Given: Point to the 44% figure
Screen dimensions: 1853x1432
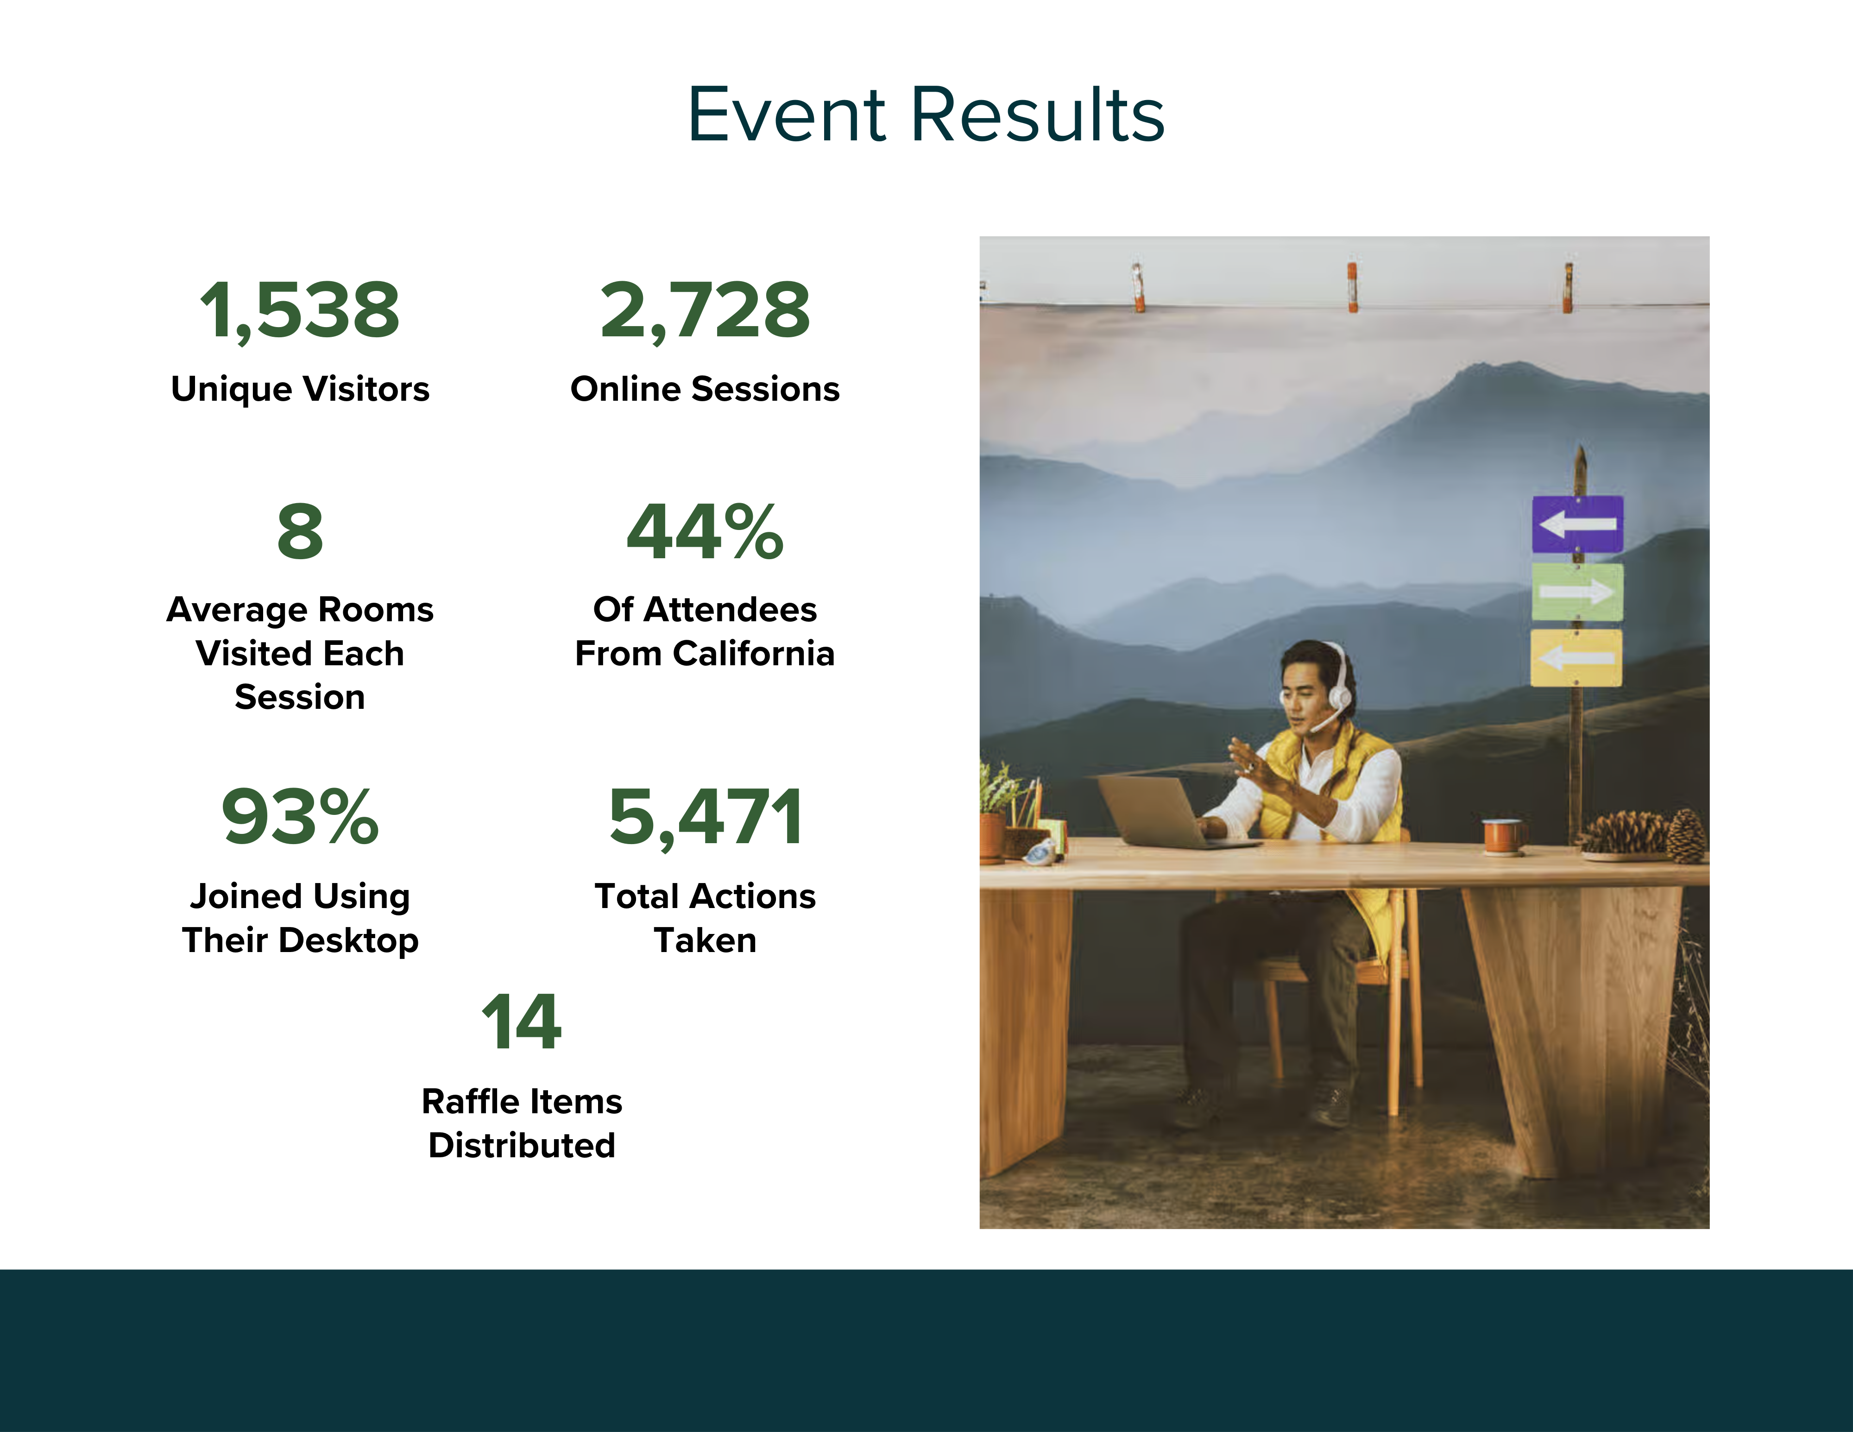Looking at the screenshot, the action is (705, 532).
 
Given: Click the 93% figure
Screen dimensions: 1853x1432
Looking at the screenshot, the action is (300, 816).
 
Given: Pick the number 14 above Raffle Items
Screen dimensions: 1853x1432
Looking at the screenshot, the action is (521, 1022).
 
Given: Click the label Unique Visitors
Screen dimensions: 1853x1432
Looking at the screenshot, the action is (300, 389).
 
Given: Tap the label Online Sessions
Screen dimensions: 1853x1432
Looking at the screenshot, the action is (705, 389).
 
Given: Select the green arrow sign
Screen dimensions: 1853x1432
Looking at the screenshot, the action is (1577, 592).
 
